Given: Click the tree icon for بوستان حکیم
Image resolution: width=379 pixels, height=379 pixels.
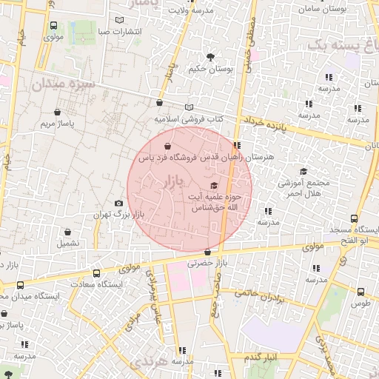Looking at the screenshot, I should pyautogui.click(x=210, y=56).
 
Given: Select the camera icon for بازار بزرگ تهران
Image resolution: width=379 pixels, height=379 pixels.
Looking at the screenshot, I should pyautogui.click(x=118, y=204).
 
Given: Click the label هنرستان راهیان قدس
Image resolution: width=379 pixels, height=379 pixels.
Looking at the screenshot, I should pyautogui.click(x=248, y=158).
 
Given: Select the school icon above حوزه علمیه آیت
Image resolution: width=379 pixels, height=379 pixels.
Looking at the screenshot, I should pyautogui.click(x=214, y=185).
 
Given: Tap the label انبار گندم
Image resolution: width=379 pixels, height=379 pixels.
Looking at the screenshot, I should pyautogui.click(x=256, y=358).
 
